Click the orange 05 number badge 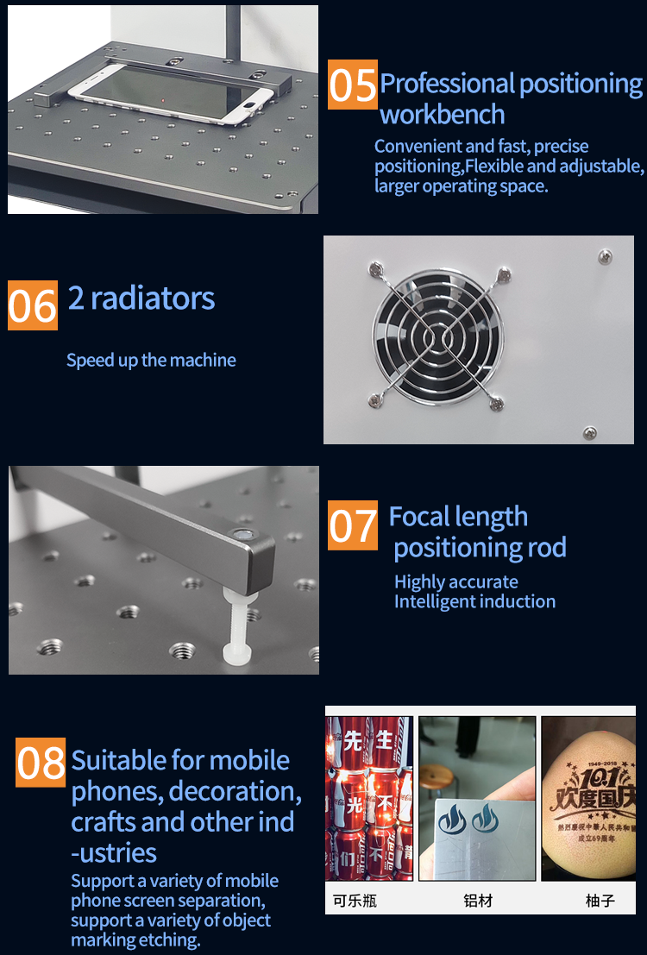click(x=353, y=85)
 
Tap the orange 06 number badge click(x=33, y=305)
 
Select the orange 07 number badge click(x=353, y=525)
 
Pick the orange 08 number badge click(x=41, y=762)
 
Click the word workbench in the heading click(x=442, y=114)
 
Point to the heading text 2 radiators click(x=141, y=298)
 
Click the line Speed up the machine click(x=151, y=360)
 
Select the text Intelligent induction click(x=474, y=601)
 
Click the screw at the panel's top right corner click(x=605, y=255)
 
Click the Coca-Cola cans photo click(x=369, y=798)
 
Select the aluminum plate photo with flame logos click(x=477, y=798)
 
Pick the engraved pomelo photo click(x=588, y=798)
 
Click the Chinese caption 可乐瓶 click(x=355, y=901)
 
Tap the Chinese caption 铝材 click(x=478, y=901)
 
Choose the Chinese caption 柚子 click(x=600, y=901)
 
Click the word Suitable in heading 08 click(x=119, y=761)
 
